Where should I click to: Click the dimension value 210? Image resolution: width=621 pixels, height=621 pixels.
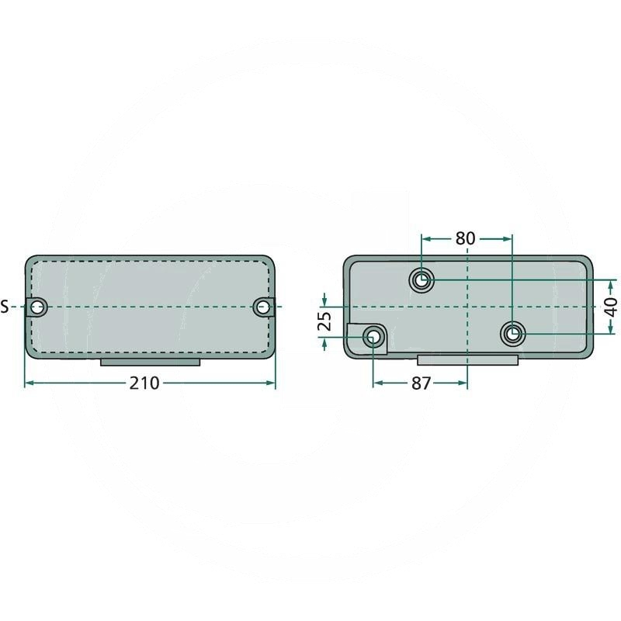(144, 383)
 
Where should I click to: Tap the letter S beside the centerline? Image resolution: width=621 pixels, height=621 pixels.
(5, 307)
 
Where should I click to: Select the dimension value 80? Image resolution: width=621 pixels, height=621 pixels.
(465, 238)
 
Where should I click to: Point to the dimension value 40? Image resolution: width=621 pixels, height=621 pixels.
(612, 307)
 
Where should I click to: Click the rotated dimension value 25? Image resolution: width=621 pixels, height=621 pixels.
(325, 321)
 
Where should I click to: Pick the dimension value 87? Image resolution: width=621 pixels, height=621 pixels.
(420, 383)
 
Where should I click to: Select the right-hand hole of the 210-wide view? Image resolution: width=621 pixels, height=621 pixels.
(263, 307)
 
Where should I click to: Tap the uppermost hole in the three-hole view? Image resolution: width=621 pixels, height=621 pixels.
(422, 279)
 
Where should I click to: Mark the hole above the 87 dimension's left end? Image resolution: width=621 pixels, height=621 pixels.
(373, 338)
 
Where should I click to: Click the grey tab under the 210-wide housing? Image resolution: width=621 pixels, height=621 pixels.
(151, 362)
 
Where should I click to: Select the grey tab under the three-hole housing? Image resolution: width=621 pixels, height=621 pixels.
(467, 360)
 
